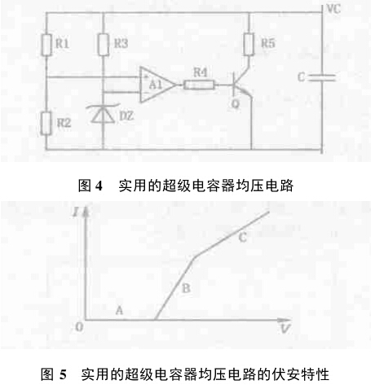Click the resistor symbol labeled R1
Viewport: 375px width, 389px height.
(x=46, y=45)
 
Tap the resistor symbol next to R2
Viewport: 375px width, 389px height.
(x=46, y=123)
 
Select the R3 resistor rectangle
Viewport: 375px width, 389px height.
(x=104, y=45)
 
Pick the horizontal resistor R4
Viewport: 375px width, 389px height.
(x=199, y=85)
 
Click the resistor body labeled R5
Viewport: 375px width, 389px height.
(x=249, y=44)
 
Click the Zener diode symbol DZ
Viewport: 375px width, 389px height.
(x=103, y=114)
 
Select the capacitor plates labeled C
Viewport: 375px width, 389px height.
(x=323, y=77)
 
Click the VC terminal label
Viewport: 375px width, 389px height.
(x=333, y=9)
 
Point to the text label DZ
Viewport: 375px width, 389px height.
(x=126, y=116)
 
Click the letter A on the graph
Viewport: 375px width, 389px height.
(x=119, y=310)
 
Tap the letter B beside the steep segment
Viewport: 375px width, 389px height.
(x=186, y=288)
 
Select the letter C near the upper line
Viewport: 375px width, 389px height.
(x=242, y=238)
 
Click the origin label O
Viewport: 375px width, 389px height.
(x=79, y=327)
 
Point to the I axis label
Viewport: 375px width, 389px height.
(x=75, y=212)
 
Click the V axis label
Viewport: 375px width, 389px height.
(x=285, y=329)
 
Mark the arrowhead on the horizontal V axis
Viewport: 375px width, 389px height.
(x=285, y=320)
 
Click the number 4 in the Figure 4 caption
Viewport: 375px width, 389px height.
(x=99, y=186)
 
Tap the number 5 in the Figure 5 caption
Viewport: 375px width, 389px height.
(x=63, y=374)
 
